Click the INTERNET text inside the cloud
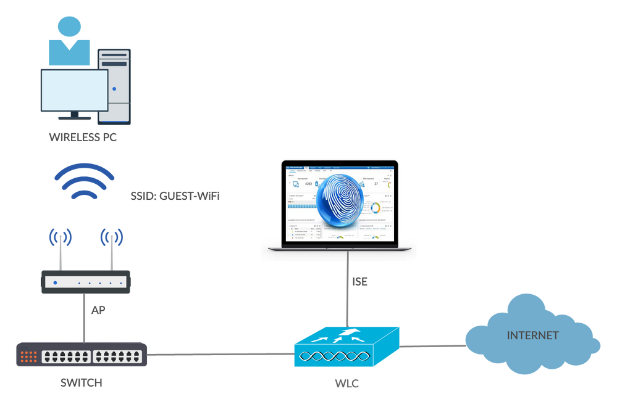pos(532,336)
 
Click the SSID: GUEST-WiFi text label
pos(175,195)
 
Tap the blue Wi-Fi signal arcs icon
pos(84,182)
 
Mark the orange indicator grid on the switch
pos(28,356)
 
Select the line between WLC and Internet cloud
pos(432,346)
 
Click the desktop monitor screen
pos(73,89)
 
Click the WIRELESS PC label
pos(83,137)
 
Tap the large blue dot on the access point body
pos(55,282)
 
